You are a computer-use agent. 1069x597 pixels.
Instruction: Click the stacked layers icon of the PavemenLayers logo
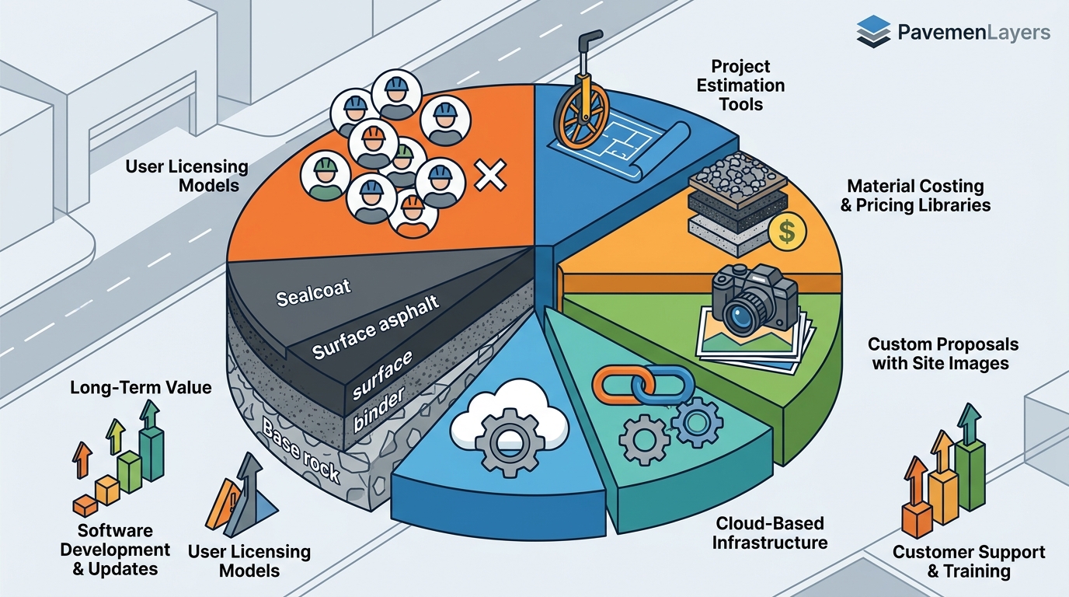pos(873,32)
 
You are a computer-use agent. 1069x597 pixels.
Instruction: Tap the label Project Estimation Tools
pos(740,86)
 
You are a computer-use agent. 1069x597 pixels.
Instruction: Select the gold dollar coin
pos(787,232)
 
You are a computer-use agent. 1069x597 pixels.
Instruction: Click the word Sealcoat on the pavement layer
pos(314,292)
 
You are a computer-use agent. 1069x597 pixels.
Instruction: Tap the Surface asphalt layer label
pos(376,327)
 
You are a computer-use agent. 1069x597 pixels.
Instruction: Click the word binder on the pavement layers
pos(379,409)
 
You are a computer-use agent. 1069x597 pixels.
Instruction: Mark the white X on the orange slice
pos(490,175)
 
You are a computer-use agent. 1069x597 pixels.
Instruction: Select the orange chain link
pos(618,386)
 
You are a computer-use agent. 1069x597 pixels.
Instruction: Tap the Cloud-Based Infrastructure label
pos(770,533)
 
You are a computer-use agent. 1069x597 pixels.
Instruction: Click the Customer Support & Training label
pos(969,561)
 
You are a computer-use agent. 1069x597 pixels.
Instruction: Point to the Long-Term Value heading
pos(141,387)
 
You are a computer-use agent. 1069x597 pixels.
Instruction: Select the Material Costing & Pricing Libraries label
pos(915,195)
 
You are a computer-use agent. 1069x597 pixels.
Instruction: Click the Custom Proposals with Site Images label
pos(943,354)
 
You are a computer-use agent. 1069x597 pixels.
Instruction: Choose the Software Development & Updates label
pos(115,550)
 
